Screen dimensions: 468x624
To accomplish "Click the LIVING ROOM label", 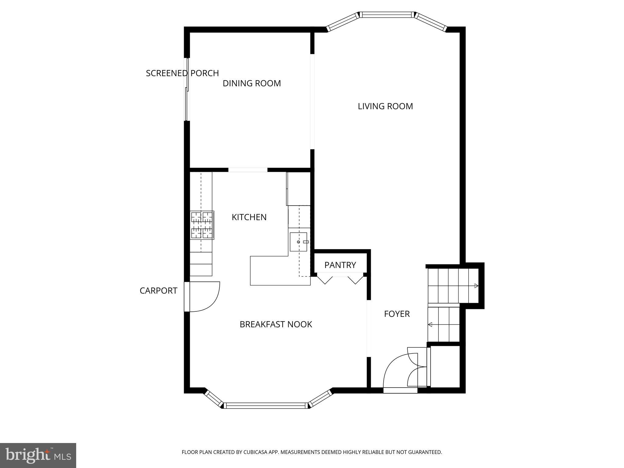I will coord(385,106).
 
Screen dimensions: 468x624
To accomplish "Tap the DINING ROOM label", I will coord(252,83).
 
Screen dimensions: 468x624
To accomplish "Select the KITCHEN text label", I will coord(249,217).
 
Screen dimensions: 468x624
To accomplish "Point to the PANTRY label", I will coord(340,265).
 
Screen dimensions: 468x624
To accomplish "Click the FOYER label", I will coord(397,314).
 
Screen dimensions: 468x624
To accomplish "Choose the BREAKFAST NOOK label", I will coord(276,324).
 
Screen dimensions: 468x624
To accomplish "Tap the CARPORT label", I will coord(158,291).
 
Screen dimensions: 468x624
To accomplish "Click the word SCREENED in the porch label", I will coord(166,73).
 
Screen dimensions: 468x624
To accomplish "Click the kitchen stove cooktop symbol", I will coord(202,225).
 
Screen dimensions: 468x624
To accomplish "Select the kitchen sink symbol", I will coord(298,242).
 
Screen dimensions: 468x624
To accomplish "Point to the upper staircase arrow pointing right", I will coord(476,286).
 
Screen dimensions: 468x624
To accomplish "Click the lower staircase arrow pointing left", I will coord(430,325).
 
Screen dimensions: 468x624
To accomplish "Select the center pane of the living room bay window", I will coord(386,15).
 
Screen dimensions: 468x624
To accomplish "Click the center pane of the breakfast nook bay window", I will coord(266,406).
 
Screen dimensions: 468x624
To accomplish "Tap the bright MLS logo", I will coord(38,455).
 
